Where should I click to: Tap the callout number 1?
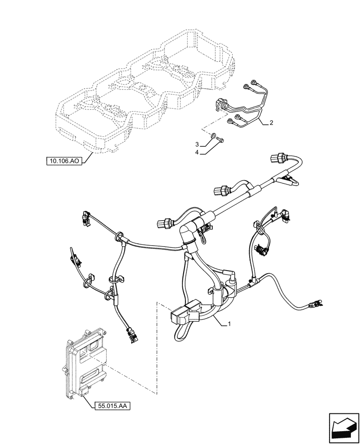(x=229, y=324)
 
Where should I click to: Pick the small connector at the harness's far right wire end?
(x=315, y=305)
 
